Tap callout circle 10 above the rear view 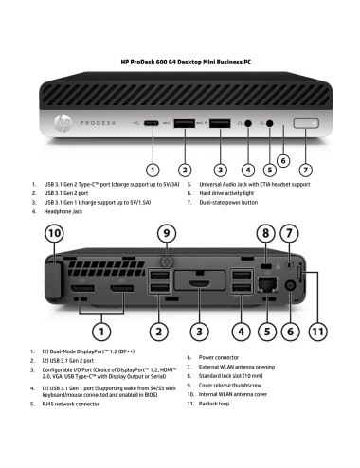[55, 232]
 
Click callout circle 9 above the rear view [167, 232]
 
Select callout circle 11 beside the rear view [317, 333]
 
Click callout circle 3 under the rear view [198, 332]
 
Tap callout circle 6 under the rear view [291, 332]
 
